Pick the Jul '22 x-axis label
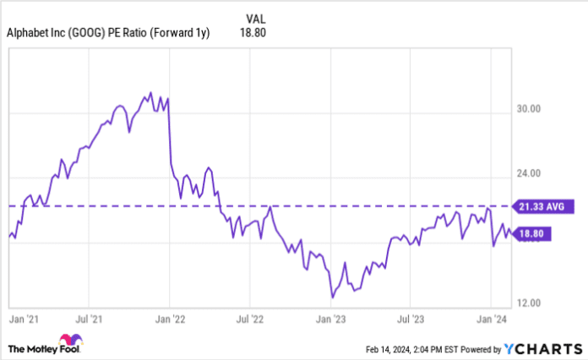pos(251,319)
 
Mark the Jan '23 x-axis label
pos(330,319)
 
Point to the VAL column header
pos(256,15)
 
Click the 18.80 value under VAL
pos(256,33)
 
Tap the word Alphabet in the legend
pos(28,33)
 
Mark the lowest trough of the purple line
pos(333,297)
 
